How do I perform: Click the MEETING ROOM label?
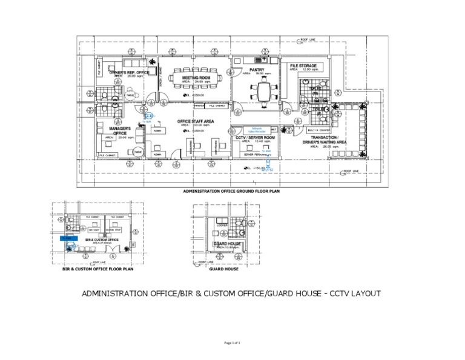tap(196, 78)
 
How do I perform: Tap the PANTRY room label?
tap(257, 70)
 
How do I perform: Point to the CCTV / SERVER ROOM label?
tap(256, 138)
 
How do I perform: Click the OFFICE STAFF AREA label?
tap(196, 121)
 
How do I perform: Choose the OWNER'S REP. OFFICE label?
tap(129, 73)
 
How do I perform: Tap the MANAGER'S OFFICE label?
tap(120, 131)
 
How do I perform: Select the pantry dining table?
tap(265, 92)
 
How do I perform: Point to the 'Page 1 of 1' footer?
tap(232, 343)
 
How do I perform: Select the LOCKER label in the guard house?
tap(222, 225)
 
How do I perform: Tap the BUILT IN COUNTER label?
tap(318, 130)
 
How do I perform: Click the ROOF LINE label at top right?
tap(308, 40)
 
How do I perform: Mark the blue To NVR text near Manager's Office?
tap(146, 121)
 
